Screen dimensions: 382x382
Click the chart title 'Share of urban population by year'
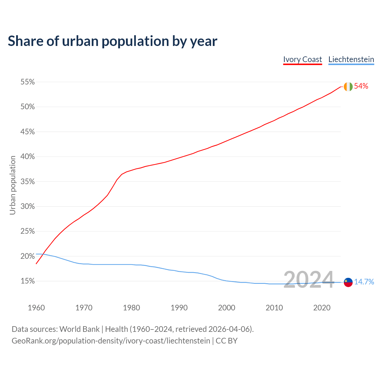pyautogui.click(x=113, y=41)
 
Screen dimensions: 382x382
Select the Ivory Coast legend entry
pyautogui.click(x=302, y=59)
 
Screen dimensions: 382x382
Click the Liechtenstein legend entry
pyautogui.click(x=351, y=59)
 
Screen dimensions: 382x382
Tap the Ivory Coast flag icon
pyautogui.click(x=348, y=87)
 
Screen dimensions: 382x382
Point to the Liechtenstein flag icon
pyautogui.click(x=348, y=282)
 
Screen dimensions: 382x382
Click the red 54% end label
pyautogui.click(x=361, y=86)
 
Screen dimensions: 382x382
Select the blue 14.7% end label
pyautogui.click(x=364, y=282)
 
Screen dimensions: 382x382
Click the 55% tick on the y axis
pyautogui.click(x=27, y=82)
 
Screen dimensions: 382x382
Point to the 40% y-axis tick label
pyautogui.click(x=27, y=157)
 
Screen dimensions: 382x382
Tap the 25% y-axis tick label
pyautogui.click(x=27, y=231)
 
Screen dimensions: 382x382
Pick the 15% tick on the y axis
pyautogui.click(x=27, y=281)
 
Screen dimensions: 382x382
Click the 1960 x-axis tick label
pyautogui.click(x=36, y=308)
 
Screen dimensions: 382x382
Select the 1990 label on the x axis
pyautogui.click(x=179, y=308)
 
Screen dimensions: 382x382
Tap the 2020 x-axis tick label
pyautogui.click(x=322, y=308)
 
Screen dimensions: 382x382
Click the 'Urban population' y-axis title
pyautogui.click(x=13, y=185)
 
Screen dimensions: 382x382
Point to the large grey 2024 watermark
pyautogui.click(x=309, y=280)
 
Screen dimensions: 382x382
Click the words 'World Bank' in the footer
pyautogui.click(x=79, y=329)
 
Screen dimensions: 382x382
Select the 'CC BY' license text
pyautogui.click(x=227, y=341)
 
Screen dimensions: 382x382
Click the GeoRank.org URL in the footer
pyautogui.click(x=111, y=341)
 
